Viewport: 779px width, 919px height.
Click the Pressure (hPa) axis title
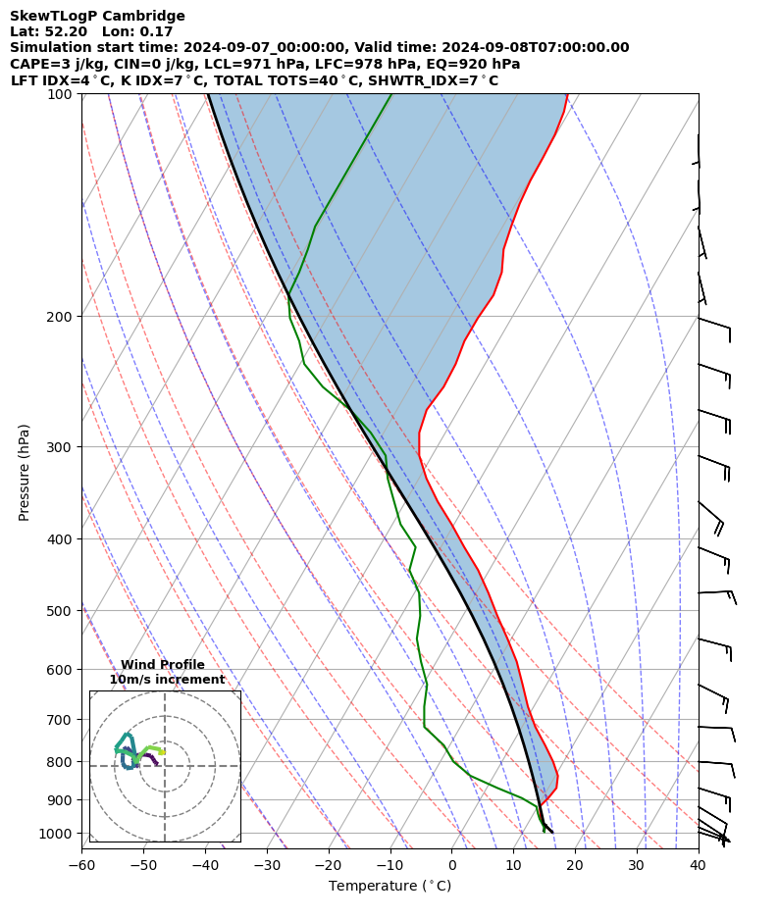tap(25, 472)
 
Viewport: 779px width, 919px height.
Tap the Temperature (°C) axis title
tap(389, 886)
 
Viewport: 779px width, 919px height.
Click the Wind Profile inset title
tap(163, 665)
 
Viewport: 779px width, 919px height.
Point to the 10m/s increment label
tap(167, 680)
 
